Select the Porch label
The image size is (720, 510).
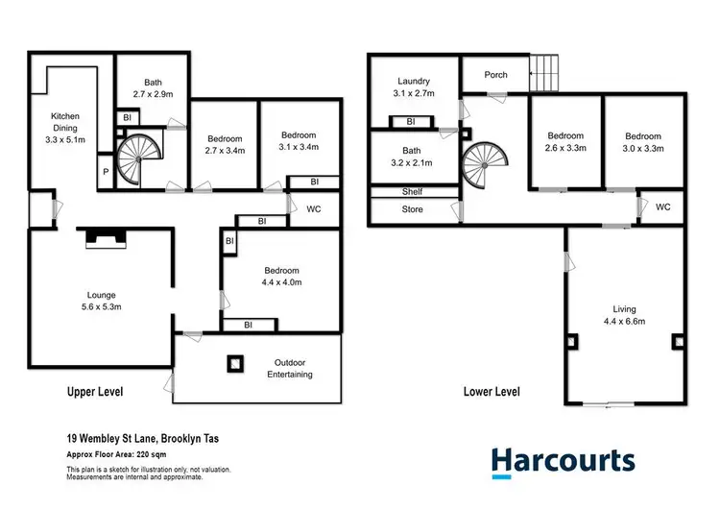pyautogui.click(x=495, y=74)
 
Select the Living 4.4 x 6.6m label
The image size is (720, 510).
pyautogui.click(x=624, y=315)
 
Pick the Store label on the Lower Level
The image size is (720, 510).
pyautogui.click(x=412, y=208)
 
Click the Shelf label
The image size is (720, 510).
pyautogui.click(x=412, y=192)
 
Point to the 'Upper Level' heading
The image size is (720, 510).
pyautogui.click(x=95, y=392)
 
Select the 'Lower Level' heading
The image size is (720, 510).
pyautogui.click(x=492, y=392)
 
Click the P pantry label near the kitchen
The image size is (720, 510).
pyautogui.click(x=105, y=172)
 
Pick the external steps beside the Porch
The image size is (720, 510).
pyautogui.click(x=544, y=70)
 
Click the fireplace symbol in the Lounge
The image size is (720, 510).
pyautogui.click(x=101, y=237)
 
